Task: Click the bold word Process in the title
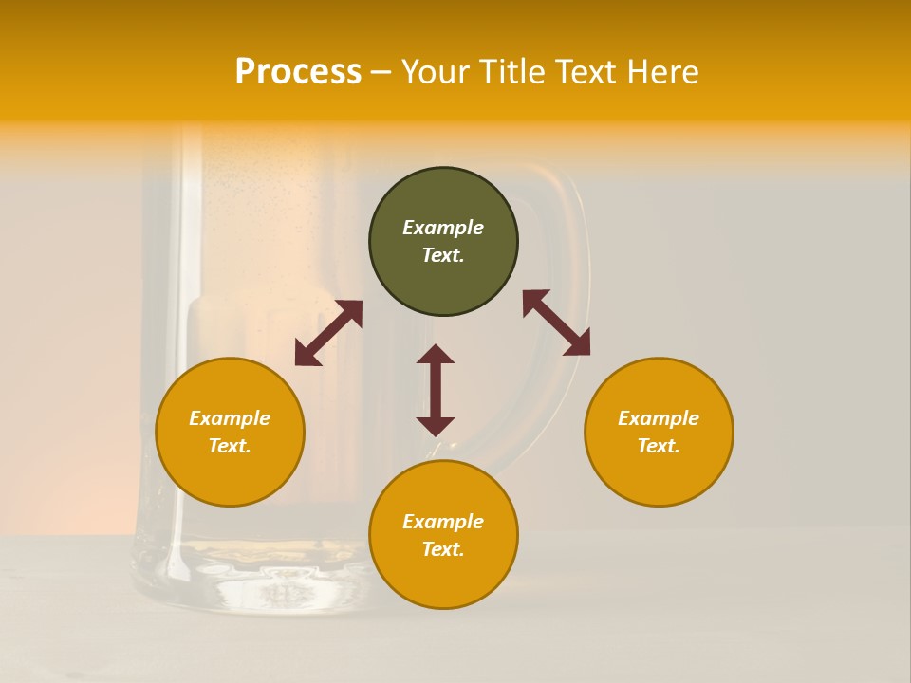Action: [298, 72]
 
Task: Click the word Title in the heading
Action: [513, 72]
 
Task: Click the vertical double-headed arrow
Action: [436, 390]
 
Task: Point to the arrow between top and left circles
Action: [328, 333]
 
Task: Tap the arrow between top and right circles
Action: [556, 323]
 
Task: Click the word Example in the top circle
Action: [443, 228]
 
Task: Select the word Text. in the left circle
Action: [230, 446]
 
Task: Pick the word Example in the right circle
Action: [659, 418]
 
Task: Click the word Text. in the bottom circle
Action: [443, 549]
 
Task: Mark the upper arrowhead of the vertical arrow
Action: [436, 355]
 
